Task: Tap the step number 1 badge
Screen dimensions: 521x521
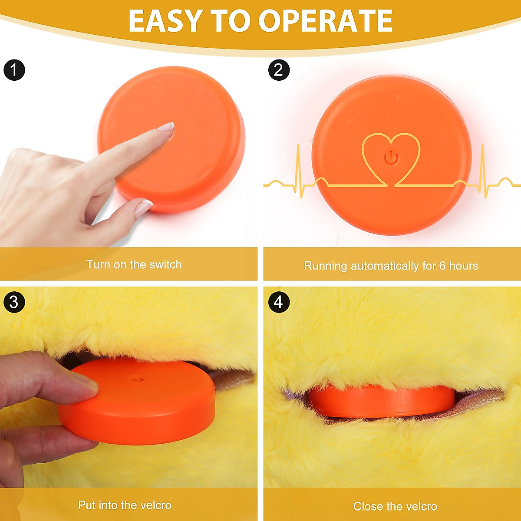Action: pos(14,70)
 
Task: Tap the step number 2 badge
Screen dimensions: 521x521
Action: pos(279,70)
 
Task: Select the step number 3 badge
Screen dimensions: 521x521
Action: pos(14,302)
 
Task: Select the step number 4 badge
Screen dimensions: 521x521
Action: pos(279,302)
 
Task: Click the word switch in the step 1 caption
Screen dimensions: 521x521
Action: pos(165,264)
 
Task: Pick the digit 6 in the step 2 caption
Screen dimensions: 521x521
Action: pos(442,266)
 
